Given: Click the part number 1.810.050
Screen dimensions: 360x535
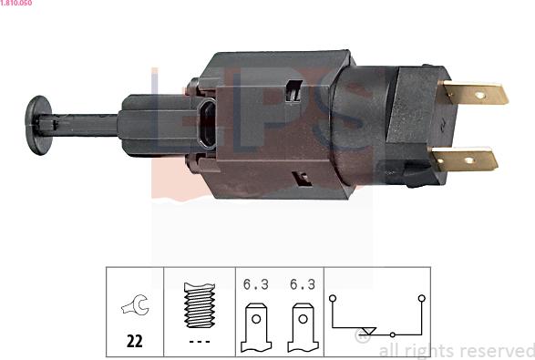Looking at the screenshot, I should pos(17,5).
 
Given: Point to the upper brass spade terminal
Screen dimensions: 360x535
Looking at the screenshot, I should pos(474,93).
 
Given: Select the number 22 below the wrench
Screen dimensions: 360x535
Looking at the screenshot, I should pos(134,343).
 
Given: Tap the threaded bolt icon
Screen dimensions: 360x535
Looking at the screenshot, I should pos(200,307).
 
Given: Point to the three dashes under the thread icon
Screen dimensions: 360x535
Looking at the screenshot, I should pos(200,343).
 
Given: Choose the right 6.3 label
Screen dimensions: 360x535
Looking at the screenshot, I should pos(302,284).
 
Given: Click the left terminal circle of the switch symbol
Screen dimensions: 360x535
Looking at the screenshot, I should pos(333,297).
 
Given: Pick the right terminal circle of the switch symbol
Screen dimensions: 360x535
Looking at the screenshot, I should pos(421,297).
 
